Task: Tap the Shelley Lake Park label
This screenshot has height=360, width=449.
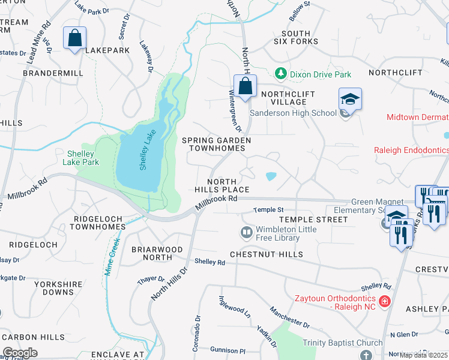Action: [80, 158]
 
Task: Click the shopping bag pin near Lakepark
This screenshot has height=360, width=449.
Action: [74, 38]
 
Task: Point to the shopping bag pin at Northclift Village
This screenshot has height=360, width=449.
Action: [245, 86]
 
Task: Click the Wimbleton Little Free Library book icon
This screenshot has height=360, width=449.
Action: [246, 232]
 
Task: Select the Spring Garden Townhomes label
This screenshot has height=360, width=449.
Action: [216, 145]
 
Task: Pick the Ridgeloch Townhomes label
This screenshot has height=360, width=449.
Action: [97, 223]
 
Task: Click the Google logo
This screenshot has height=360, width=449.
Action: [20, 353]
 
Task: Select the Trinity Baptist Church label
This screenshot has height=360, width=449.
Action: [342, 343]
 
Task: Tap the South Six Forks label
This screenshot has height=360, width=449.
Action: [295, 38]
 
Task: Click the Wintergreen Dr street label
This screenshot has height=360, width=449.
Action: [235, 111]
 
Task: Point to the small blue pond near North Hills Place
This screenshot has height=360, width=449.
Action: [270, 176]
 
